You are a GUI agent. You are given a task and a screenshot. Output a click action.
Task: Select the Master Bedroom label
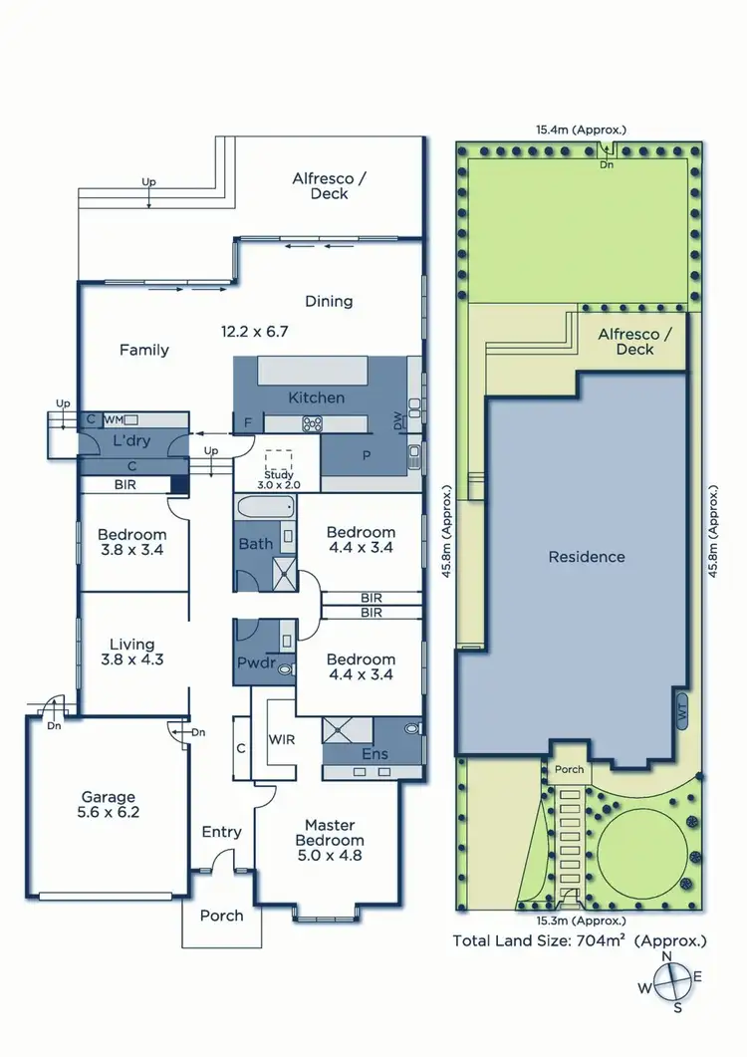(x=330, y=832)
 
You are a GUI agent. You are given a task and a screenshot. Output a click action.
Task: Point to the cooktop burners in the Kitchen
(x=313, y=423)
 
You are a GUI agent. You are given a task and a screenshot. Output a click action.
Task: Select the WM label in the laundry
(x=113, y=419)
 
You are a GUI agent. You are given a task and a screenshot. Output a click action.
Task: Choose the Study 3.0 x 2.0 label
(x=280, y=478)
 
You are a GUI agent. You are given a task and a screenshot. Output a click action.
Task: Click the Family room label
(x=144, y=350)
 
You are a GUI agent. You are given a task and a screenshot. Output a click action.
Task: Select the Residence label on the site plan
(x=587, y=557)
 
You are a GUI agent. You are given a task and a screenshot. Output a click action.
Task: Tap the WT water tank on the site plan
(x=683, y=711)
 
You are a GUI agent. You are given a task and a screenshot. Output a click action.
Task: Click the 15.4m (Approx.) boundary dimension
(x=581, y=130)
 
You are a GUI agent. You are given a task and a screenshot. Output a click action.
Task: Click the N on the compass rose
(x=667, y=956)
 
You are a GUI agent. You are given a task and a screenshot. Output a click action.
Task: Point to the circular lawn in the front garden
(x=640, y=849)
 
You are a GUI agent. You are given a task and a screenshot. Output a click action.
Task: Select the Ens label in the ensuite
(x=374, y=754)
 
